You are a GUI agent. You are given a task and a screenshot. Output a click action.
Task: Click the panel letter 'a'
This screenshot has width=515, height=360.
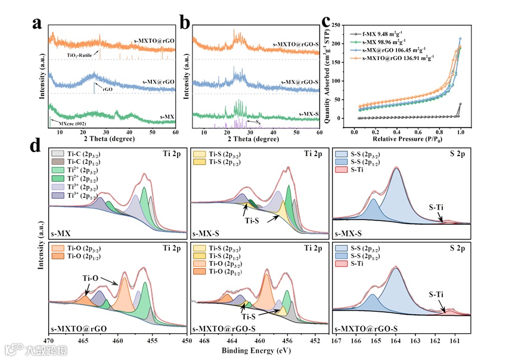coord(37,24)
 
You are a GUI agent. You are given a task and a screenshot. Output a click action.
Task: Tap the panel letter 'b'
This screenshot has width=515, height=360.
coord(185,24)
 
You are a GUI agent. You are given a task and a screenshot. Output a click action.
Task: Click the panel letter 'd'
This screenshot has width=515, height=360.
coord(37,145)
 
